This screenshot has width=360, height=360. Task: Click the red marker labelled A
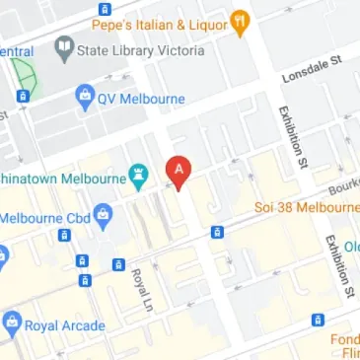point(178,171)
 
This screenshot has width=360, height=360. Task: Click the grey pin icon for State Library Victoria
point(65,47)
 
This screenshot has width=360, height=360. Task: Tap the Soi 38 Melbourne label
point(307,208)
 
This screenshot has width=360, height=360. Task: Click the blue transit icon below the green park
point(22,96)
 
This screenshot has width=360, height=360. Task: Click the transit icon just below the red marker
point(216,232)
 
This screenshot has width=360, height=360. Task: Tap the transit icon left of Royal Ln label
point(118,264)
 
